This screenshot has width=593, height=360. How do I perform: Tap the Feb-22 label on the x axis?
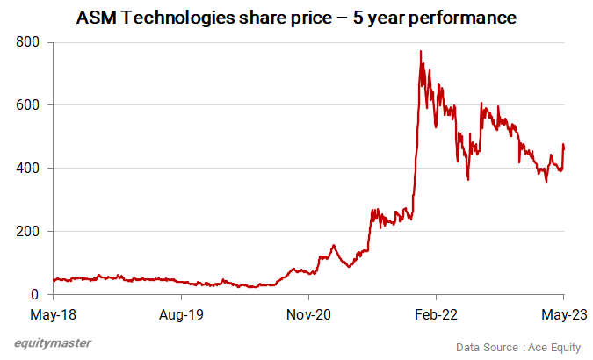(438, 313)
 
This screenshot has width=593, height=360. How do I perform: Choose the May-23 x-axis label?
(563, 313)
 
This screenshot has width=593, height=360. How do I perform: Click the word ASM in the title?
(95, 18)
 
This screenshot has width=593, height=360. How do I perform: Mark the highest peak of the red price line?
(421, 52)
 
